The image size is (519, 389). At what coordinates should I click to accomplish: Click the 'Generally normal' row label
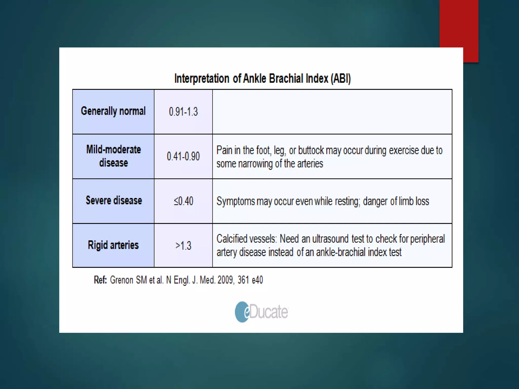(113, 111)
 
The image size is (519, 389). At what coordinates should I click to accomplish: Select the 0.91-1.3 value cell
(183, 112)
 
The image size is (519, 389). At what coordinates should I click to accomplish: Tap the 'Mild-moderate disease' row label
(113, 156)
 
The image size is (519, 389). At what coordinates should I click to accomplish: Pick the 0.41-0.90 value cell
(183, 156)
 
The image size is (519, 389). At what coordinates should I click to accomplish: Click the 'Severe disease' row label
(114, 200)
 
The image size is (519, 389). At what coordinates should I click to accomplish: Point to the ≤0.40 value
(183, 201)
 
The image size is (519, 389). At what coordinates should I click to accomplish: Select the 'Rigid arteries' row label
(113, 245)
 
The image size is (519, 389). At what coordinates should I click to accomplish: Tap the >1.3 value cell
(183, 246)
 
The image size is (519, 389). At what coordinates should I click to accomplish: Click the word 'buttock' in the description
(311, 150)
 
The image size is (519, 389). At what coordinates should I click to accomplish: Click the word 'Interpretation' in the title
(202, 79)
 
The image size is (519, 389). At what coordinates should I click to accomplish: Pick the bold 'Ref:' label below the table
(100, 280)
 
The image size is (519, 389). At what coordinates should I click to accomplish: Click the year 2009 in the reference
(225, 280)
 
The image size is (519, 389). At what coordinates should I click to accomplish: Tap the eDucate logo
(261, 312)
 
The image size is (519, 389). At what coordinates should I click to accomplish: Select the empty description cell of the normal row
(332, 112)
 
